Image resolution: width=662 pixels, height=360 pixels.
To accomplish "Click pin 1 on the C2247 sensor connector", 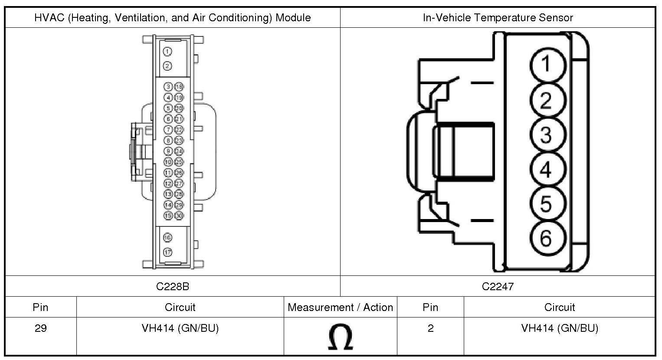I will click(x=547, y=64).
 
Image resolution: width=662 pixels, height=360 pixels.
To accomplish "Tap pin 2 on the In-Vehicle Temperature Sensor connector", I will click(x=547, y=100).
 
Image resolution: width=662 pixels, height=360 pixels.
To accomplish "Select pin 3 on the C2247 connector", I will click(x=547, y=134).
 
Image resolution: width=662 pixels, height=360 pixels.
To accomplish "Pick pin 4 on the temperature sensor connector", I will click(x=547, y=169).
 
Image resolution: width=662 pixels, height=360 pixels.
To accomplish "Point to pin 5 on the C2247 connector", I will click(x=547, y=204).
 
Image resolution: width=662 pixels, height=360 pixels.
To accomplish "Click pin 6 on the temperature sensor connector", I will click(x=547, y=237).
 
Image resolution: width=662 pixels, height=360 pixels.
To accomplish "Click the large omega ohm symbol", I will click(x=341, y=337).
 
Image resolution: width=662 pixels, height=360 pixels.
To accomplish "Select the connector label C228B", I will click(x=173, y=286).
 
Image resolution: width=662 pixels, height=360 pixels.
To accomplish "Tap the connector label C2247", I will click(x=498, y=286).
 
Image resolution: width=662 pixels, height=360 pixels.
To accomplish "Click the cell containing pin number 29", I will click(x=40, y=329).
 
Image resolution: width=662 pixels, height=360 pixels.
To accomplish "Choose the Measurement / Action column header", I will click(x=341, y=308).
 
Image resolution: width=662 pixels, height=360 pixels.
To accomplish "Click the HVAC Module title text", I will click(x=173, y=18).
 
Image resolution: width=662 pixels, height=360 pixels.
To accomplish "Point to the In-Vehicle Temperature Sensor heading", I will click(x=498, y=18).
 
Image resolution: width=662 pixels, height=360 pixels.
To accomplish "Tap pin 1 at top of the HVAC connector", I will click(x=167, y=52).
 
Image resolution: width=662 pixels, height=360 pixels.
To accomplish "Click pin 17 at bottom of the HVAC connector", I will click(x=167, y=252).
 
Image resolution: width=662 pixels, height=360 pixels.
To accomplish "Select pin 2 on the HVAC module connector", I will click(x=167, y=66).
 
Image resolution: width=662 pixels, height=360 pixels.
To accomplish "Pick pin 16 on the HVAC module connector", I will click(x=167, y=237).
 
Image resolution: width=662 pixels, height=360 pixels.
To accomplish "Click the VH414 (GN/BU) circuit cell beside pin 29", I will click(x=180, y=329).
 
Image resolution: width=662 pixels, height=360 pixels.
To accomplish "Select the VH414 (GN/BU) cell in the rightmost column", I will click(x=560, y=329).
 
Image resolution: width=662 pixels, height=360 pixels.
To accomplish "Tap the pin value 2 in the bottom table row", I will click(x=430, y=329).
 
